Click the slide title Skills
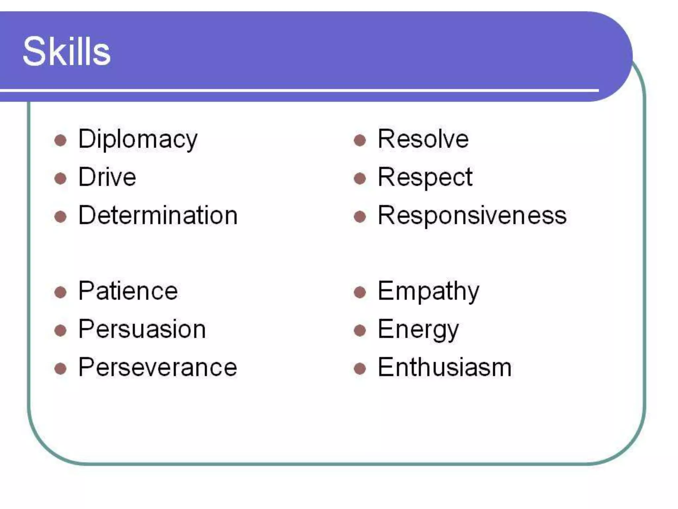pyautogui.click(x=66, y=52)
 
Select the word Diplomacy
pyautogui.click(x=138, y=139)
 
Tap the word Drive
pyautogui.click(x=107, y=177)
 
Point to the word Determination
pyautogui.click(x=158, y=215)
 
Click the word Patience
pyautogui.click(x=128, y=291)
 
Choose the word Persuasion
pyautogui.click(x=142, y=329)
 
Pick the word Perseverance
pyautogui.click(x=158, y=368)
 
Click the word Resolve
pyautogui.click(x=423, y=139)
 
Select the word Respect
pyautogui.click(x=425, y=177)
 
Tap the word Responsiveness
pyautogui.click(x=472, y=215)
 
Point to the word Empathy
pyautogui.click(x=428, y=291)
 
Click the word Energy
pyautogui.click(x=418, y=329)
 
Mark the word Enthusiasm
pyautogui.click(x=445, y=368)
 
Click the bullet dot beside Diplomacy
pyautogui.click(x=60, y=140)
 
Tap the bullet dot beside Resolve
pyautogui.click(x=360, y=140)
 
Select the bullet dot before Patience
pyautogui.click(x=60, y=292)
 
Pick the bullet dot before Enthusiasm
pyautogui.click(x=360, y=368)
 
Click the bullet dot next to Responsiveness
pyautogui.click(x=360, y=217)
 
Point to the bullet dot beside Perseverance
pyautogui.click(x=60, y=368)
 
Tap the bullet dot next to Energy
pyautogui.click(x=360, y=330)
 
